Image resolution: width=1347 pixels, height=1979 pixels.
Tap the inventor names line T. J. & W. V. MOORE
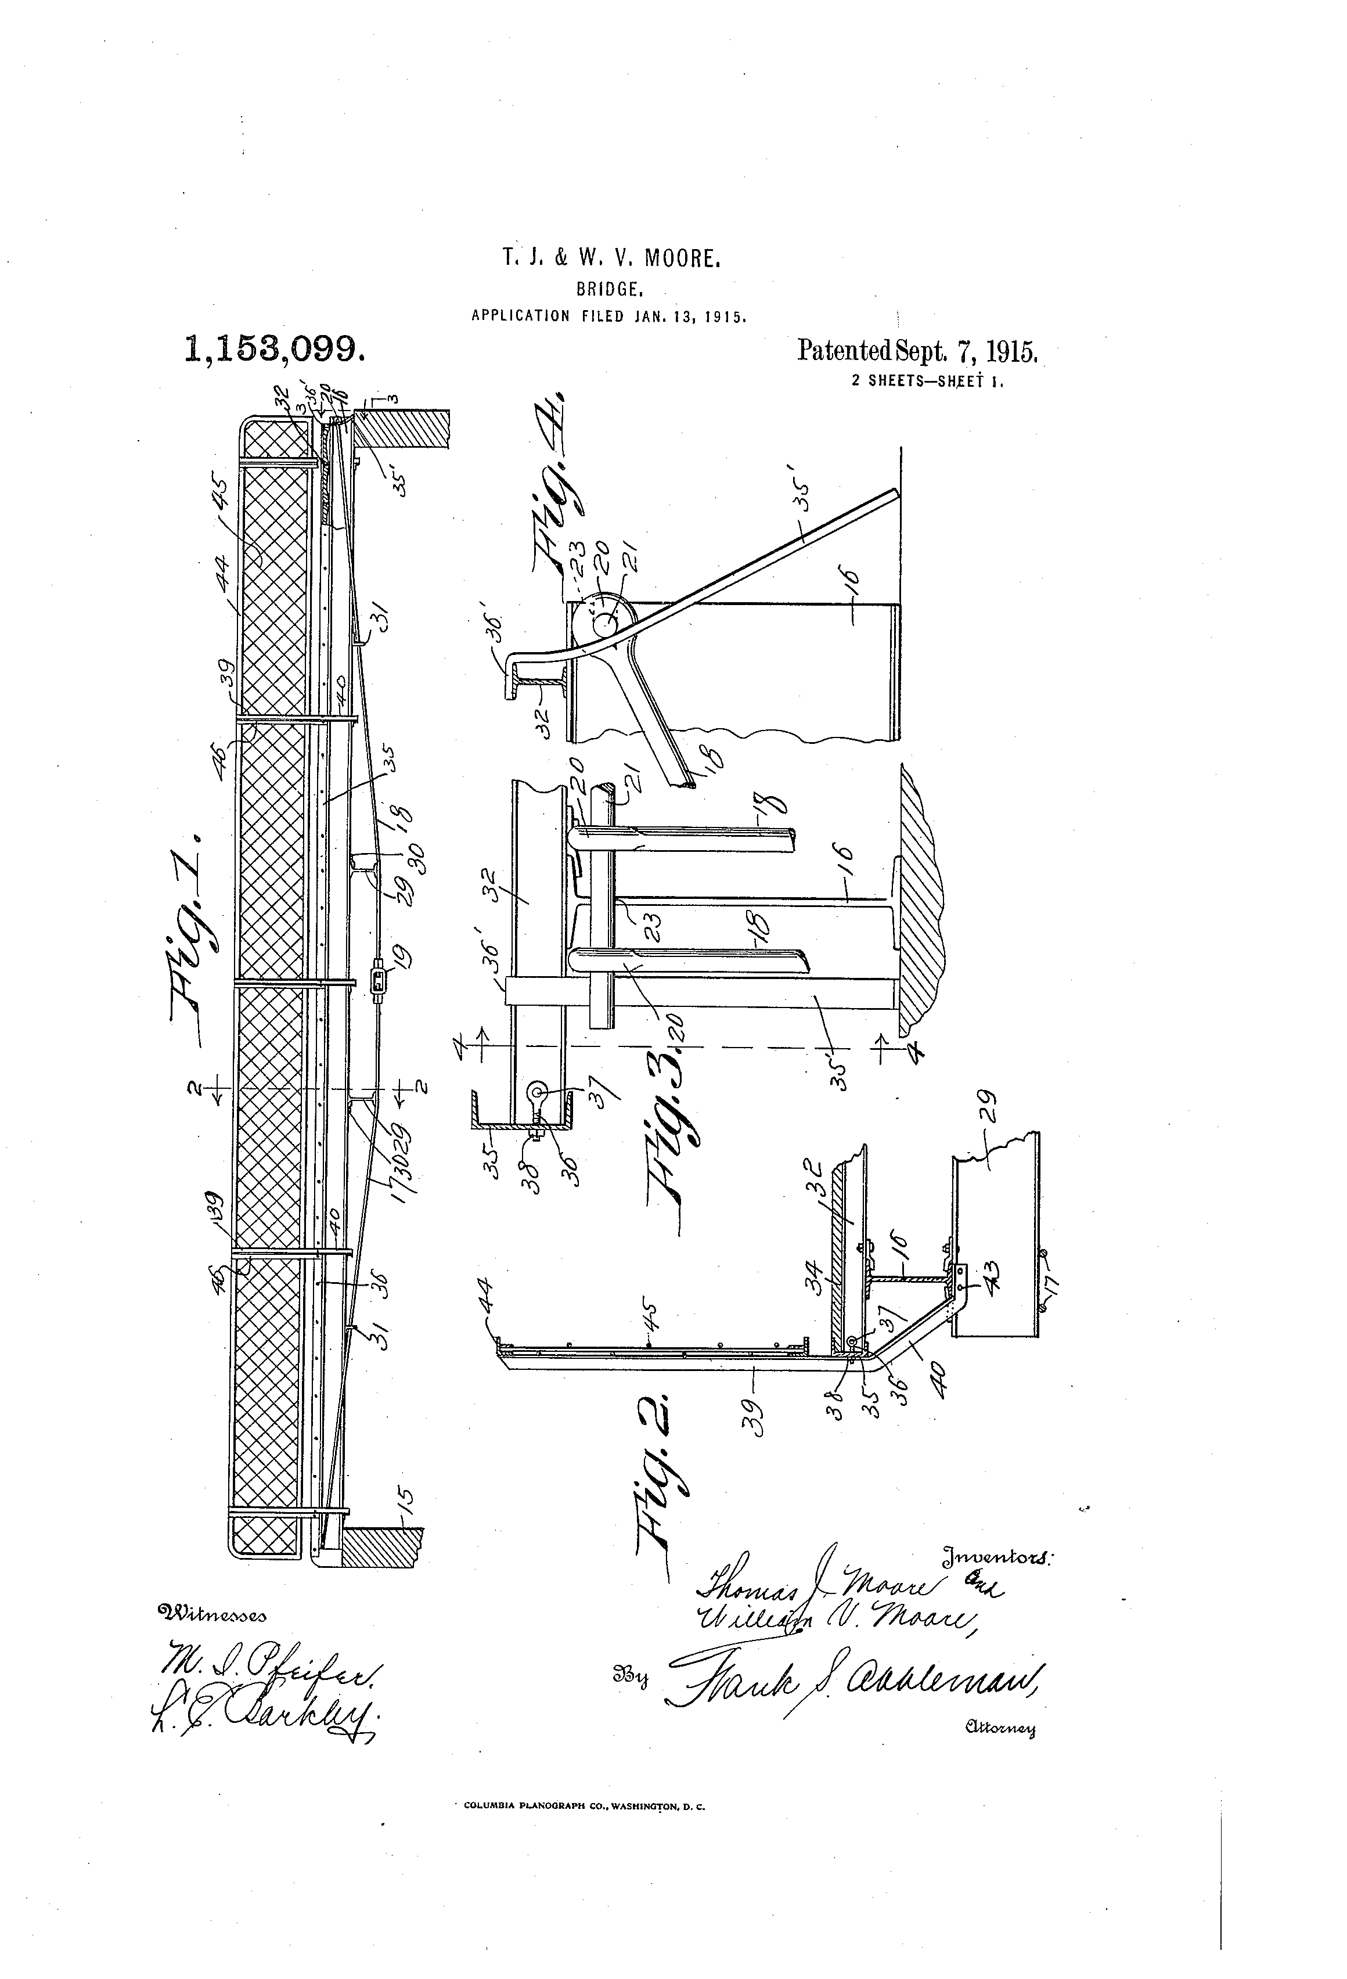coord(611,259)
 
